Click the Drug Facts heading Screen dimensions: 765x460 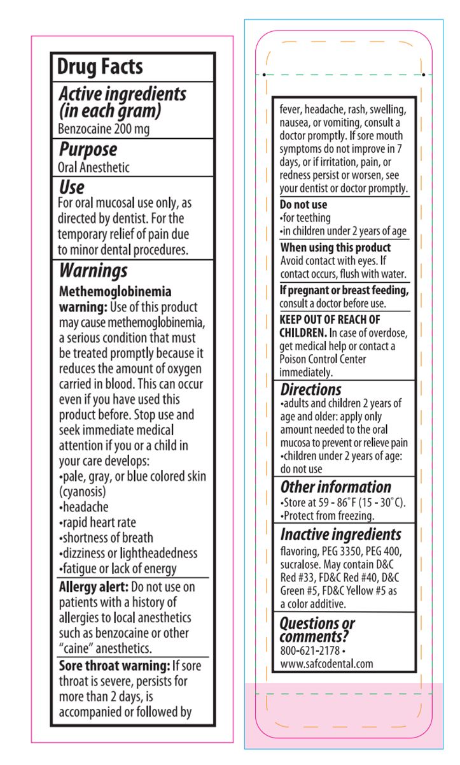(x=100, y=67)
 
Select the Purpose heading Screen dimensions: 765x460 (x=88, y=150)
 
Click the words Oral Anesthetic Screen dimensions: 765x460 (x=94, y=168)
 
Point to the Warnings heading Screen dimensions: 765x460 (x=93, y=271)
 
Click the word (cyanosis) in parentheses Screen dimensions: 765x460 (x=83, y=492)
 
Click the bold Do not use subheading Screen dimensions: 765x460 (x=303, y=205)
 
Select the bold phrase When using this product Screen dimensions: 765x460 (x=335, y=248)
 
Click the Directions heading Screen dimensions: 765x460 (x=310, y=389)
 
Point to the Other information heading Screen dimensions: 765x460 (x=335, y=487)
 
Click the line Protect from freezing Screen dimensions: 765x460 (x=327, y=516)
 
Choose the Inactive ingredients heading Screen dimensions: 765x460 (x=340, y=534)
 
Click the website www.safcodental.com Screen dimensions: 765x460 (x=326, y=664)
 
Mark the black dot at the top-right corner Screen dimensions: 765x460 (x=424, y=75)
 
